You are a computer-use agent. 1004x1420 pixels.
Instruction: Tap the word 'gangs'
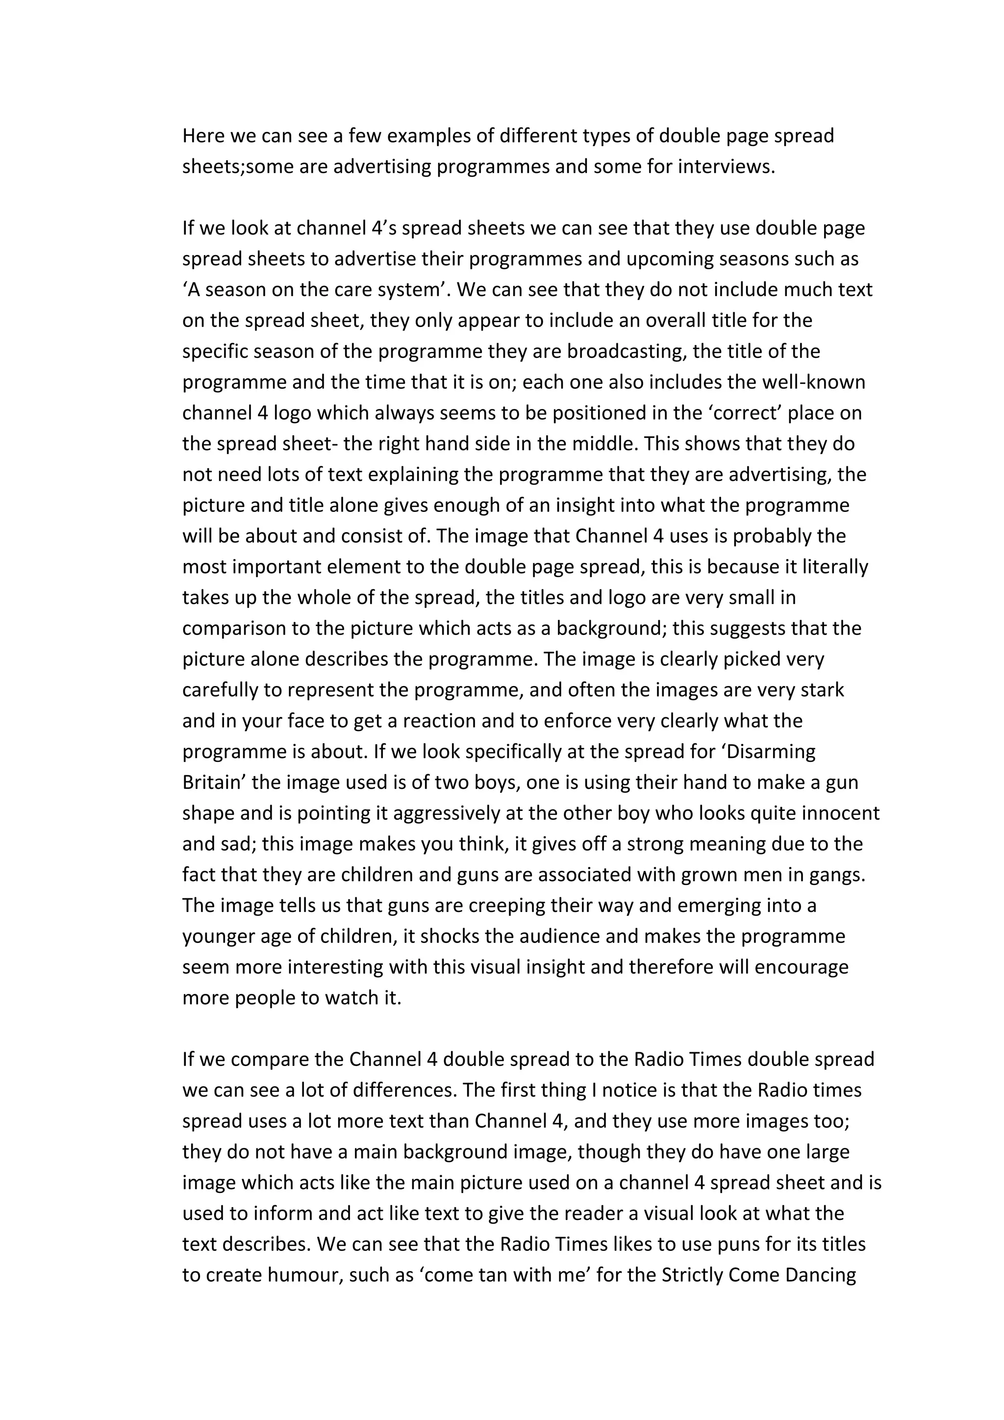[x=840, y=875]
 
